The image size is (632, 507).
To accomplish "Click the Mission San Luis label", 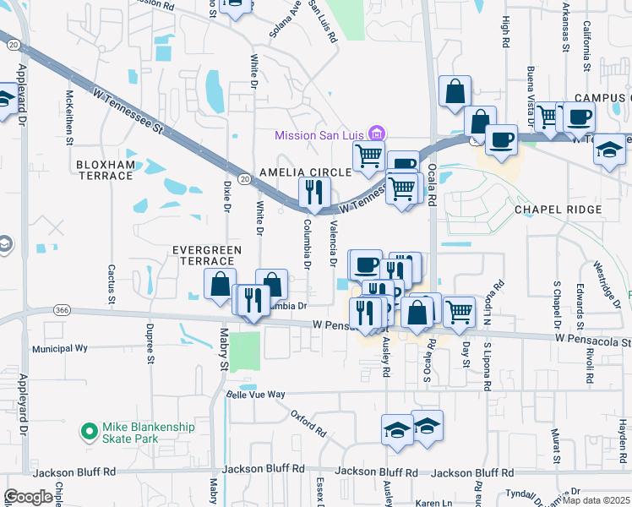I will coord(323,134).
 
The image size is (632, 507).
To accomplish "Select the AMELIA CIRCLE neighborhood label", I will coord(305,172).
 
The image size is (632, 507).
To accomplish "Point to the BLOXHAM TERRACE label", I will coord(105,170).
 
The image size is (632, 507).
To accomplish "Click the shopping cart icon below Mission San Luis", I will coord(368,155).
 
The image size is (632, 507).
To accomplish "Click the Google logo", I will coord(28,497).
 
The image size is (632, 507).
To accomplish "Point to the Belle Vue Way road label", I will coord(256,395).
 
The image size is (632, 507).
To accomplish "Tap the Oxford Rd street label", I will coord(308,422).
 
